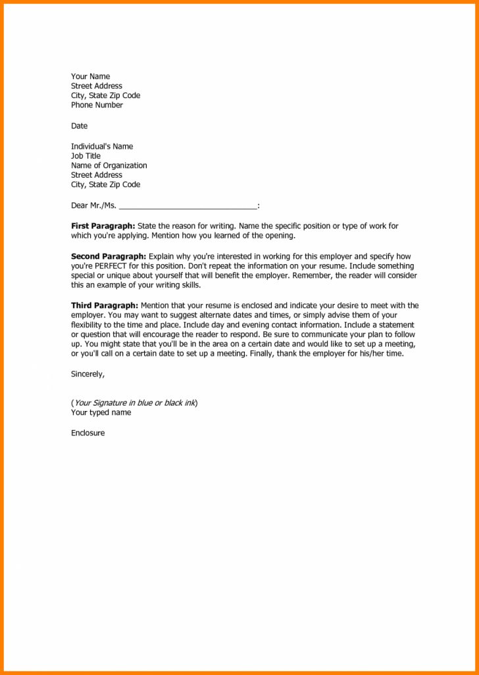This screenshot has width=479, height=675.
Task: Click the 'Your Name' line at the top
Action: click(90, 76)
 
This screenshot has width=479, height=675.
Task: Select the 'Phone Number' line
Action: click(97, 105)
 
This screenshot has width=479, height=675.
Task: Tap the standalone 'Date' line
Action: click(79, 126)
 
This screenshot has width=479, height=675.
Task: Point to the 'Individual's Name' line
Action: click(101, 146)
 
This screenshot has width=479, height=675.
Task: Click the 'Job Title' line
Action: click(86, 156)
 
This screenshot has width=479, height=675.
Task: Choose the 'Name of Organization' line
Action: click(109, 165)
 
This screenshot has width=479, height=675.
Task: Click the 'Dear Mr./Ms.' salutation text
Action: click(93, 205)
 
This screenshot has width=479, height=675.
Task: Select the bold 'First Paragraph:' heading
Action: click(103, 226)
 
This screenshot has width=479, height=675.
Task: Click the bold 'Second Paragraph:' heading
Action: click(109, 256)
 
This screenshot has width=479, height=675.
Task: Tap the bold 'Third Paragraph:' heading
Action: click(105, 306)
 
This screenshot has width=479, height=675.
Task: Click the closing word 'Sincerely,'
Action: click(88, 374)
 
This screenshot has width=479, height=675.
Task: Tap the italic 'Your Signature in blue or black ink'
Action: click(134, 402)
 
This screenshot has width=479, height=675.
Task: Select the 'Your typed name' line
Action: click(101, 412)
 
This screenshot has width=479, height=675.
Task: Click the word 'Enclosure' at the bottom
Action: click(88, 433)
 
